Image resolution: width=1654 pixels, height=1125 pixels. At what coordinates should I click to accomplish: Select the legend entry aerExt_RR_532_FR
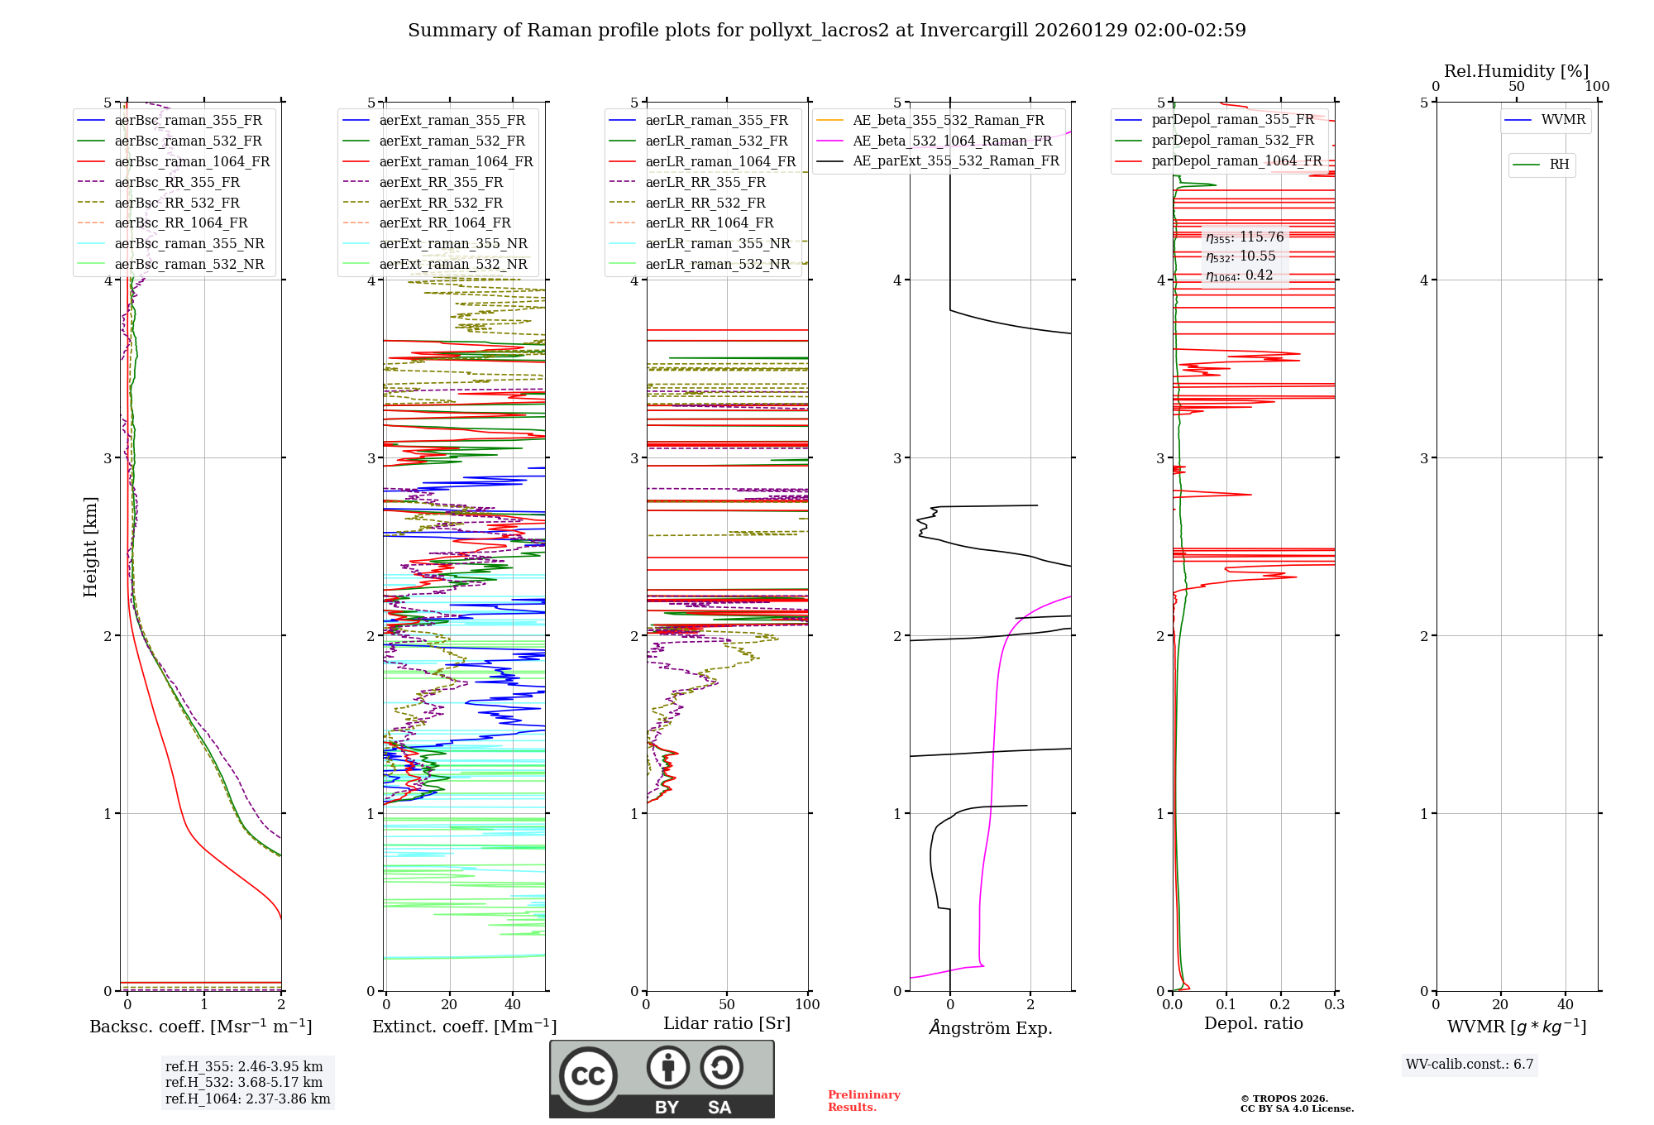click(x=441, y=203)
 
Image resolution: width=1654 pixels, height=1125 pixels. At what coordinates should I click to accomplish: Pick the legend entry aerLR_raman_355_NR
click(x=717, y=243)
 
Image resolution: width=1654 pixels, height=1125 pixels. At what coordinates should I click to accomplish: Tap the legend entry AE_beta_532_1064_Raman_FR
click(x=952, y=141)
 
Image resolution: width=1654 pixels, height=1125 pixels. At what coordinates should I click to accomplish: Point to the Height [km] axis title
click(x=90, y=547)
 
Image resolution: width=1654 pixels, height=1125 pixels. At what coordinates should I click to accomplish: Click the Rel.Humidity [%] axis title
click(x=1516, y=71)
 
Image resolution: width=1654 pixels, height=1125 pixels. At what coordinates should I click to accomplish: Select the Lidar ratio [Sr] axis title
click(x=727, y=1023)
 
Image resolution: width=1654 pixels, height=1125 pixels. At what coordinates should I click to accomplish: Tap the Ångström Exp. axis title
click(x=990, y=1028)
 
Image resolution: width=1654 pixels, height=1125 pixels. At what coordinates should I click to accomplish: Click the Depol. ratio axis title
click(x=1253, y=1023)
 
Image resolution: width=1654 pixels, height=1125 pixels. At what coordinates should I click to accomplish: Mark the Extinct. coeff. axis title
click(x=464, y=1027)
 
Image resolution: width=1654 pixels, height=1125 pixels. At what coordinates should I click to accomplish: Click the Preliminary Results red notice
click(x=863, y=1101)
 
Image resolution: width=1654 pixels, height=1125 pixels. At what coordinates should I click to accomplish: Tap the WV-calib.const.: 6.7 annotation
click(x=1470, y=1065)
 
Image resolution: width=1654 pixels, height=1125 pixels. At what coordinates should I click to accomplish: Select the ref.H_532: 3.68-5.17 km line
click(x=244, y=1082)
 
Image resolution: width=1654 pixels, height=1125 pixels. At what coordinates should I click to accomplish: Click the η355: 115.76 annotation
click(x=1245, y=237)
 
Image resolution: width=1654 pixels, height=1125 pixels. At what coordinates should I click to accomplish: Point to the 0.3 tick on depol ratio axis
click(x=1334, y=1005)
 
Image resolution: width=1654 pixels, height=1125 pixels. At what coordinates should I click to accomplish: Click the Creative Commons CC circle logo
click(x=588, y=1075)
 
